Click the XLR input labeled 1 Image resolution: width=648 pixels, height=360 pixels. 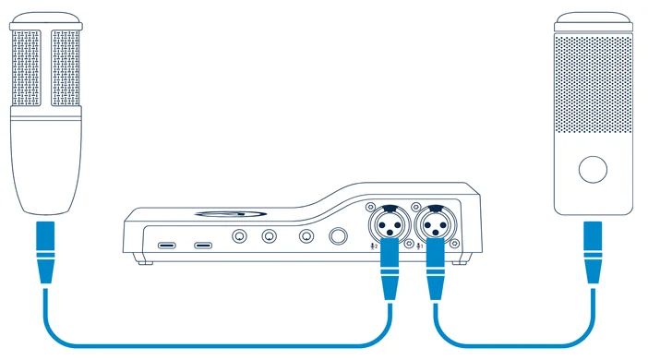[x=435, y=222]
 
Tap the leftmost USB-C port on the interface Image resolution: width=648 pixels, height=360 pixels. [x=168, y=246]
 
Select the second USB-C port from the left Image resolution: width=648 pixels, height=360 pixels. [x=203, y=246]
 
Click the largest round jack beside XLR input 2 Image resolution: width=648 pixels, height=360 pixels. [x=340, y=237]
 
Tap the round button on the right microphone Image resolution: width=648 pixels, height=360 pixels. [x=592, y=170]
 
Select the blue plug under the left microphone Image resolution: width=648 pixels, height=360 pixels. [x=44, y=252]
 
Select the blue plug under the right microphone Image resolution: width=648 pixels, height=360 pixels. [x=592, y=252]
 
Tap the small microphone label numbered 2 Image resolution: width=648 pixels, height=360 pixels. [x=375, y=246]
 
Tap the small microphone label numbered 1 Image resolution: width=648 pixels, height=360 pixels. [x=421, y=246]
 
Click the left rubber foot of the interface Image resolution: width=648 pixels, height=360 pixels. [x=140, y=262]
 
